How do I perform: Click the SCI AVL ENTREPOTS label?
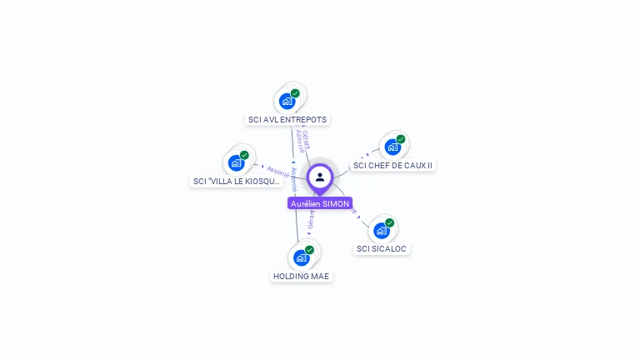tap(287, 119)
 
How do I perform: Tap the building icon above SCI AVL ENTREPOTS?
tap(287, 102)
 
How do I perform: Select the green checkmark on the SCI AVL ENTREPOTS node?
tap(295, 93)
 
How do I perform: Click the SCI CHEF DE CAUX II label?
tap(392, 165)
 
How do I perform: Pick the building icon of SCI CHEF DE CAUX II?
tap(392, 147)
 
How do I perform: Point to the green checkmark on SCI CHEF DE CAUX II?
tap(401, 139)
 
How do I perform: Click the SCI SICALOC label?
tap(382, 248)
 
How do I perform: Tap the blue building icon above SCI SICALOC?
tap(382, 231)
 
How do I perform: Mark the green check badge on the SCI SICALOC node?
tap(389, 222)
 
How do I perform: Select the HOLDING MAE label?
tap(302, 276)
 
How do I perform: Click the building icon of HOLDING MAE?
tap(302, 258)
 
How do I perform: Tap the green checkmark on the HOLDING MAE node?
tap(309, 250)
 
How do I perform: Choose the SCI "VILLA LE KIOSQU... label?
tap(237, 181)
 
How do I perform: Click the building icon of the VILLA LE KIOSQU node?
tap(237, 163)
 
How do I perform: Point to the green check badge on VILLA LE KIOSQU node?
tap(244, 155)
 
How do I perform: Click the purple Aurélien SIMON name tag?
tap(320, 203)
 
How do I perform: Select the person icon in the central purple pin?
tap(320, 177)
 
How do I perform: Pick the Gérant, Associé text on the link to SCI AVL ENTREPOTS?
tap(302, 140)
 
